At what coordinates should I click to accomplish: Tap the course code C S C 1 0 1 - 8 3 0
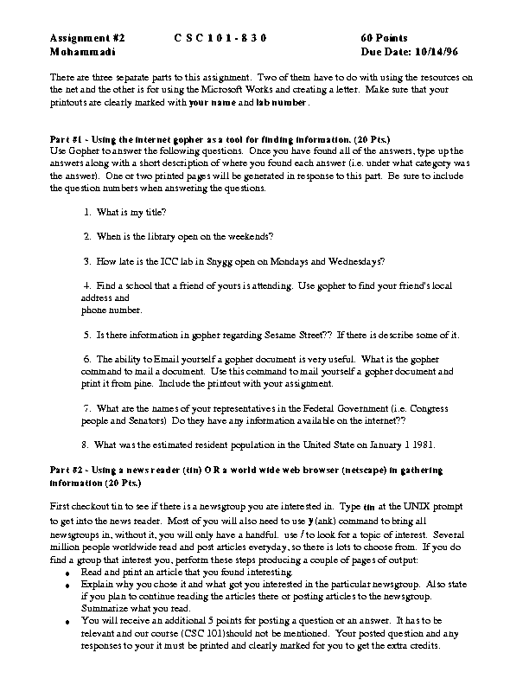tap(220, 39)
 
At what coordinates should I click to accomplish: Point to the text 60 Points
tap(385, 39)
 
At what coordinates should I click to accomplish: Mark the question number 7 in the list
tap(86, 407)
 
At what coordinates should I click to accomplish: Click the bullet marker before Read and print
tap(69, 573)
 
